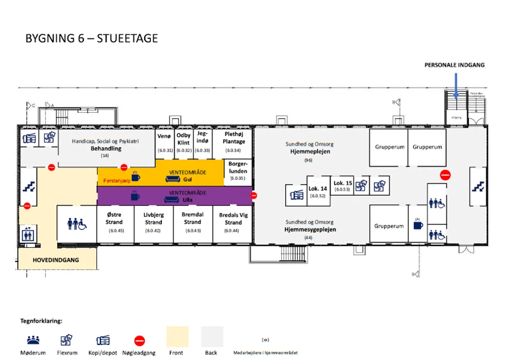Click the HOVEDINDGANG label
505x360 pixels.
pos(56,260)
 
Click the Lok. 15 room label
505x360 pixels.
pos(343,184)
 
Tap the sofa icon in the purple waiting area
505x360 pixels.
pos(173,196)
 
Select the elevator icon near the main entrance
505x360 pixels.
pos(27,234)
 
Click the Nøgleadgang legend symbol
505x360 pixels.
pos(140,341)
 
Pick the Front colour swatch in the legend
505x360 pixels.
pos(177,337)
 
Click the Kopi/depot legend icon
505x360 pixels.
pos(102,340)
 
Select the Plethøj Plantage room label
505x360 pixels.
pos(233,138)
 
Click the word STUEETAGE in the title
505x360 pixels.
pos(128,38)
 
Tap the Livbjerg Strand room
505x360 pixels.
pos(154,222)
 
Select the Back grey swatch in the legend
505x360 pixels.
pos(212,337)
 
